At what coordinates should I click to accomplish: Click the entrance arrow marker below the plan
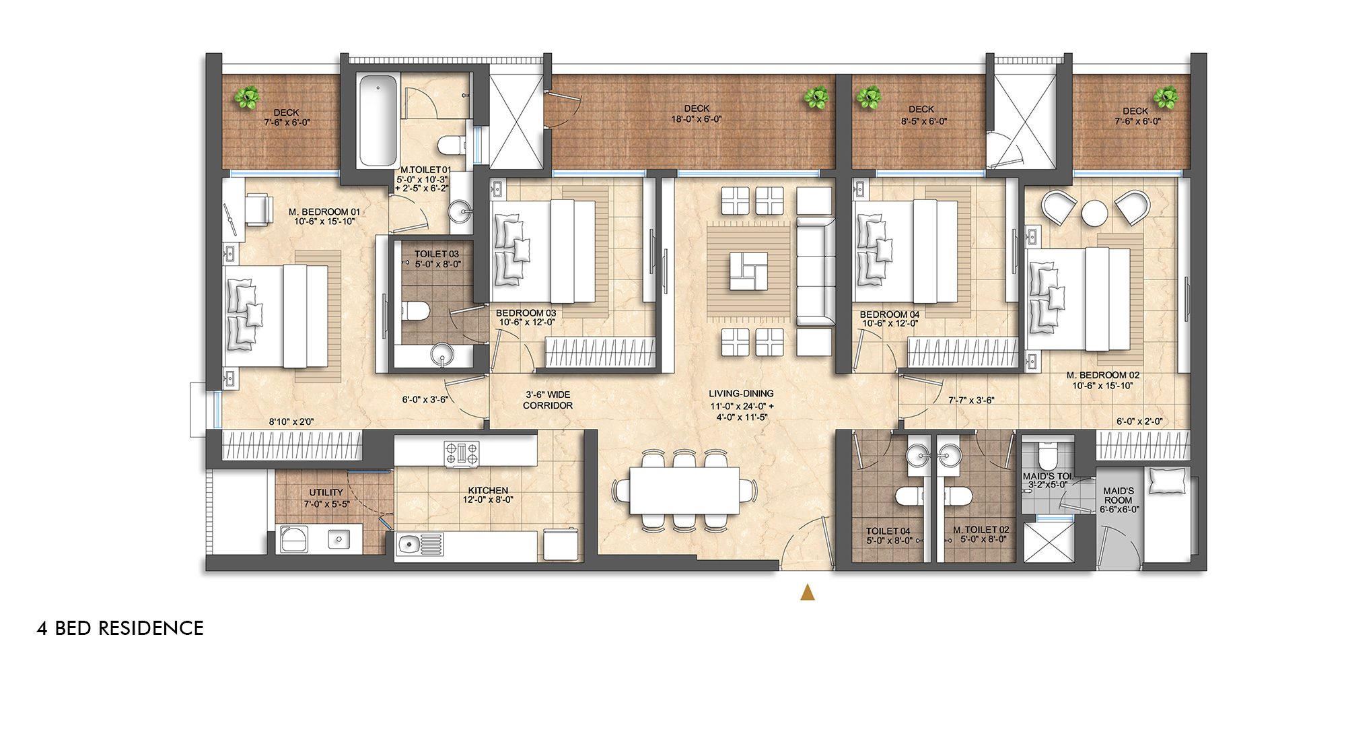pyautogui.click(x=808, y=592)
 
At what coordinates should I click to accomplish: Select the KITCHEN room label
pyautogui.click(x=488, y=490)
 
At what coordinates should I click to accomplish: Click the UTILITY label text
pyautogui.click(x=326, y=492)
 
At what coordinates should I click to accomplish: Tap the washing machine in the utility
pyautogui.click(x=292, y=539)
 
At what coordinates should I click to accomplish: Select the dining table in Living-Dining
pyautogui.click(x=684, y=491)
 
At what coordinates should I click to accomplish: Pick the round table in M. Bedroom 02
pyautogui.click(x=1095, y=213)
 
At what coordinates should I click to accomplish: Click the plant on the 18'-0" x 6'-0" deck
pyautogui.click(x=816, y=98)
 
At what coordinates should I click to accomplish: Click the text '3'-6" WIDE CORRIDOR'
pyautogui.click(x=548, y=400)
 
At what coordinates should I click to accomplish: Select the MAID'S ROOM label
pyautogui.click(x=1119, y=496)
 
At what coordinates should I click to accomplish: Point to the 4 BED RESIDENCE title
pyautogui.click(x=120, y=628)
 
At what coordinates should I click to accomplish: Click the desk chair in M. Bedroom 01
pyautogui.click(x=258, y=209)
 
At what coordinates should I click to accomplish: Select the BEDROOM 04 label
pyautogui.click(x=889, y=314)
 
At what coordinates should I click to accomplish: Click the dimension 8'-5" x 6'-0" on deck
pyautogui.click(x=924, y=121)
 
